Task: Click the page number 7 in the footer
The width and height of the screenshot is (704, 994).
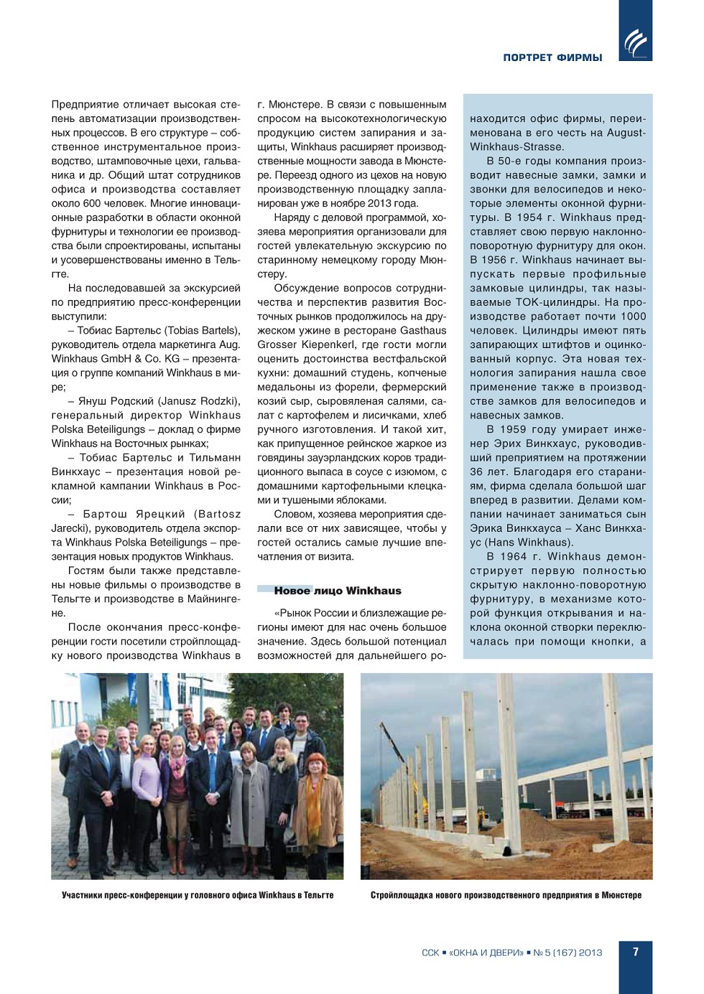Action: coord(635,952)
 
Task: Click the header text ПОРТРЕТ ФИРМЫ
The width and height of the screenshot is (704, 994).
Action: coord(552,57)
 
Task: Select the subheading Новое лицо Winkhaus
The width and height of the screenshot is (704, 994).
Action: coord(337,591)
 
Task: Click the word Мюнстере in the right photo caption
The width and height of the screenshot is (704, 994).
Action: coord(621,895)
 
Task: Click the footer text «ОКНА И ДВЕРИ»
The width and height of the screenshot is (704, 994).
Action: coord(486,952)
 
